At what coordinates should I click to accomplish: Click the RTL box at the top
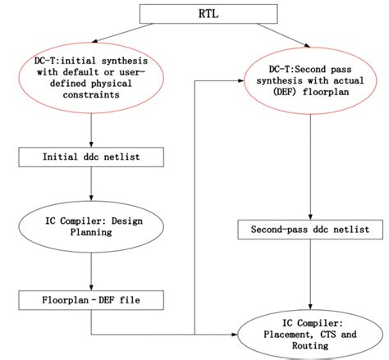click(x=195, y=14)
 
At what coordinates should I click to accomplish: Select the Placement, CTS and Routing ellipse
click(x=309, y=335)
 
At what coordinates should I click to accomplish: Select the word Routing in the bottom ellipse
click(x=309, y=347)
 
